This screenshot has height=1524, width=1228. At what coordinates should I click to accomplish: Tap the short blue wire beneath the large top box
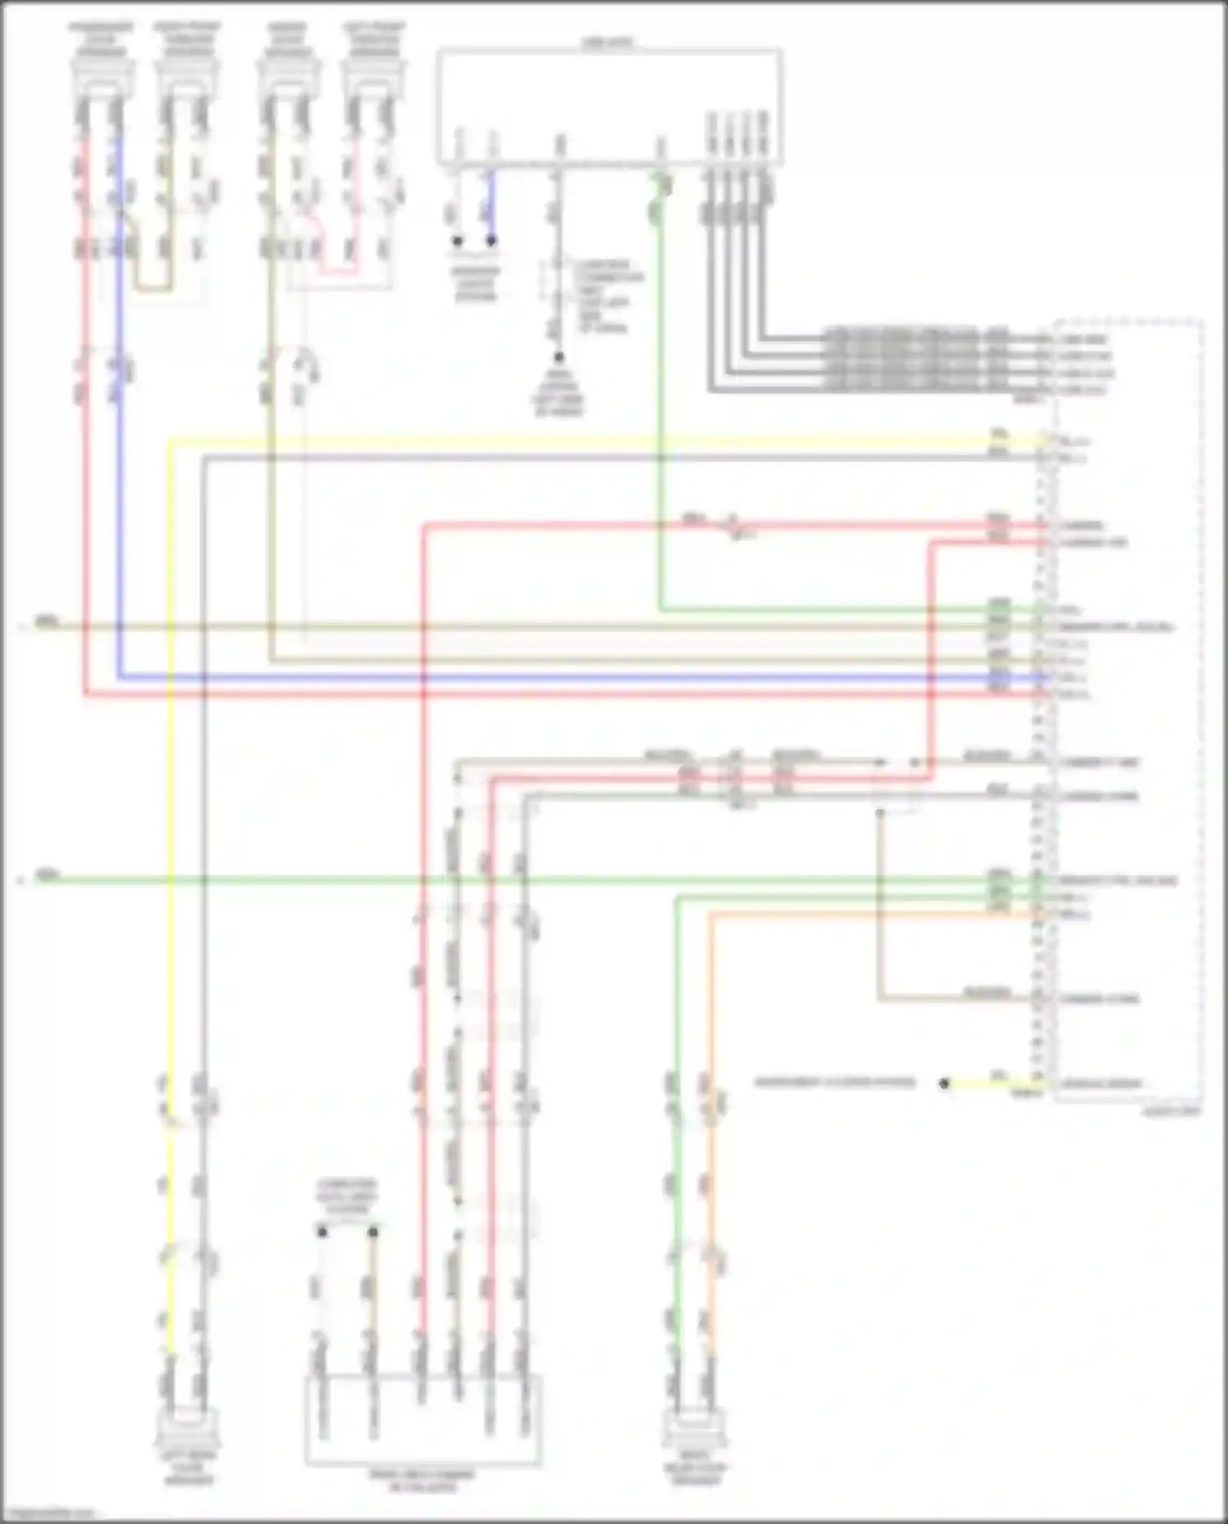491,205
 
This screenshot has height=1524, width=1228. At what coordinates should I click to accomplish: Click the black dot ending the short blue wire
491,241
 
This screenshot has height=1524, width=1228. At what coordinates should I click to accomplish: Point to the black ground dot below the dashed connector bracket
559,358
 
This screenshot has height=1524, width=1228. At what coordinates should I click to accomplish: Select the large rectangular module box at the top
608,106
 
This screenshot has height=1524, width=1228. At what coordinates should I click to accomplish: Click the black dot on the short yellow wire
944,1083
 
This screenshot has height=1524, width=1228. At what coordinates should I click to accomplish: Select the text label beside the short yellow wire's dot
834,1083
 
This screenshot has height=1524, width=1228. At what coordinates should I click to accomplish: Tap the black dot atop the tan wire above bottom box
373,1232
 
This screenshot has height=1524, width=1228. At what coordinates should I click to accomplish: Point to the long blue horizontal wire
573,677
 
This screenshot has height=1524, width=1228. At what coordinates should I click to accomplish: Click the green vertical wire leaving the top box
660,409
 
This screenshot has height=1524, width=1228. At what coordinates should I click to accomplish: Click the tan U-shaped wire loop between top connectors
153,287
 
